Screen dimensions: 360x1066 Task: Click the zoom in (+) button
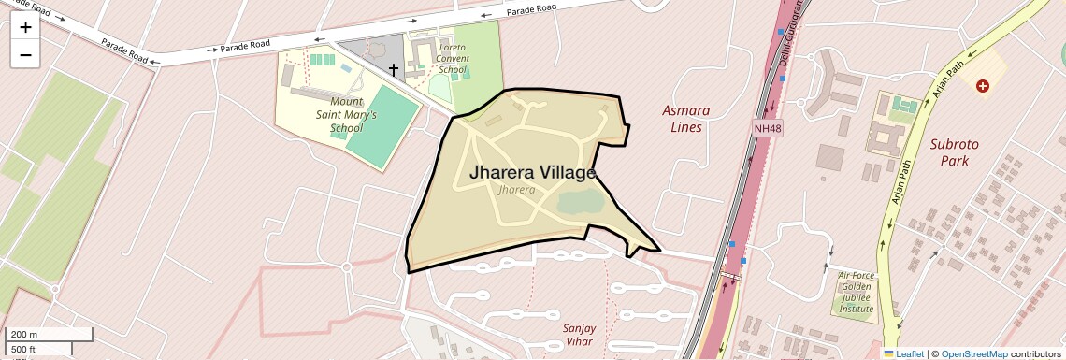pyautogui.click(x=25, y=27)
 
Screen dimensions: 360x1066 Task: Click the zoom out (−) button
pyautogui.click(x=25, y=55)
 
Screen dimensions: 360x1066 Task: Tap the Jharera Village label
pyautogui.click(x=532, y=173)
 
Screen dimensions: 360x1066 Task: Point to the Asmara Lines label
pyautogui.click(x=685, y=118)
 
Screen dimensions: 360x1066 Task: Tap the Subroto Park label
pyautogui.click(x=954, y=152)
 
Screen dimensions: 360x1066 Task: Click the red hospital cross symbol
pyautogui.click(x=982, y=86)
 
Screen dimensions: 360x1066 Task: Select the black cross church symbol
pyautogui.click(x=394, y=69)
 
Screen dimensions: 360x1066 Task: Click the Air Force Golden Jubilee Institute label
pyautogui.click(x=856, y=292)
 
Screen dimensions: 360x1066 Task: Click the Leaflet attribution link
pyautogui.click(x=903, y=353)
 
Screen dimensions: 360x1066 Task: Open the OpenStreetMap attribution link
pyautogui.click(x=973, y=353)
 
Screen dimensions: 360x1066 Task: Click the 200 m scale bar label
pyautogui.click(x=22, y=335)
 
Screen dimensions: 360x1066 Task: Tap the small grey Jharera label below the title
pyautogui.click(x=517, y=190)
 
